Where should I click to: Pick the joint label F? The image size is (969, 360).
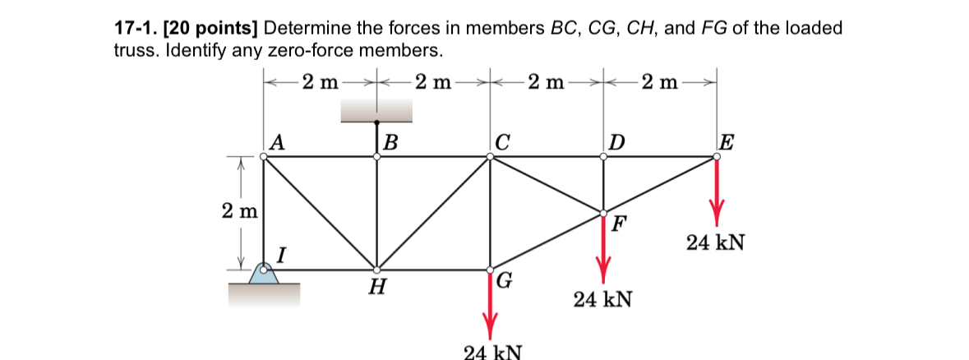click(x=618, y=224)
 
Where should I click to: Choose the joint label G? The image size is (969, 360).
click(x=505, y=282)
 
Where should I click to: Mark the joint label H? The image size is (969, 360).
click(x=377, y=287)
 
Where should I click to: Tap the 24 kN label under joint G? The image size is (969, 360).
click(x=491, y=352)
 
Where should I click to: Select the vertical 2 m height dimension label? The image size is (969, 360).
click(x=239, y=210)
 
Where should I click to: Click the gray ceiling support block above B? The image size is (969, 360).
click(x=376, y=110)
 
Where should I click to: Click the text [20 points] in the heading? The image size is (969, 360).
click(x=212, y=28)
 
